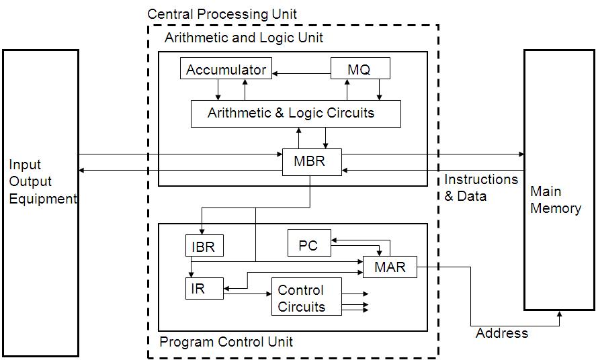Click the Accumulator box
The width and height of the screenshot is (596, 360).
(226, 69)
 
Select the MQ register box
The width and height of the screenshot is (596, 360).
(359, 69)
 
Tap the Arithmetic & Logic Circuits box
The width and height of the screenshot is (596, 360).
(296, 114)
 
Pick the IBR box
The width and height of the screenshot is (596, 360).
(203, 246)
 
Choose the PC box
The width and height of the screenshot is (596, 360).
(308, 244)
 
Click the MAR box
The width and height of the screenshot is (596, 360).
(390, 267)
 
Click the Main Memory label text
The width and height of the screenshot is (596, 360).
(555, 199)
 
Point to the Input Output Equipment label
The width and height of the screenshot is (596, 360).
(40, 181)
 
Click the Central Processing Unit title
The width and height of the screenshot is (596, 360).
(222, 13)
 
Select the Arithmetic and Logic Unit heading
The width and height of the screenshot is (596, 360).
(243, 38)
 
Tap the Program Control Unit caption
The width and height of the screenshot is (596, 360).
(226, 342)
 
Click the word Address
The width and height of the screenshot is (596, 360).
(501, 333)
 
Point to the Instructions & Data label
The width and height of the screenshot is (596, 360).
(480, 188)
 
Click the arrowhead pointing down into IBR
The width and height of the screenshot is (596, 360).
(202, 231)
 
